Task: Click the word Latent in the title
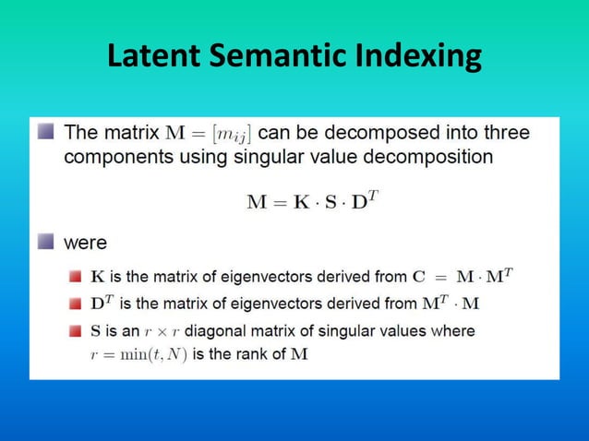154,56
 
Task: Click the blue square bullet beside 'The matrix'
45,133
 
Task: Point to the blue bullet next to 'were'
45,244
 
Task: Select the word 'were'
85,244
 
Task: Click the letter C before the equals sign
418,275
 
